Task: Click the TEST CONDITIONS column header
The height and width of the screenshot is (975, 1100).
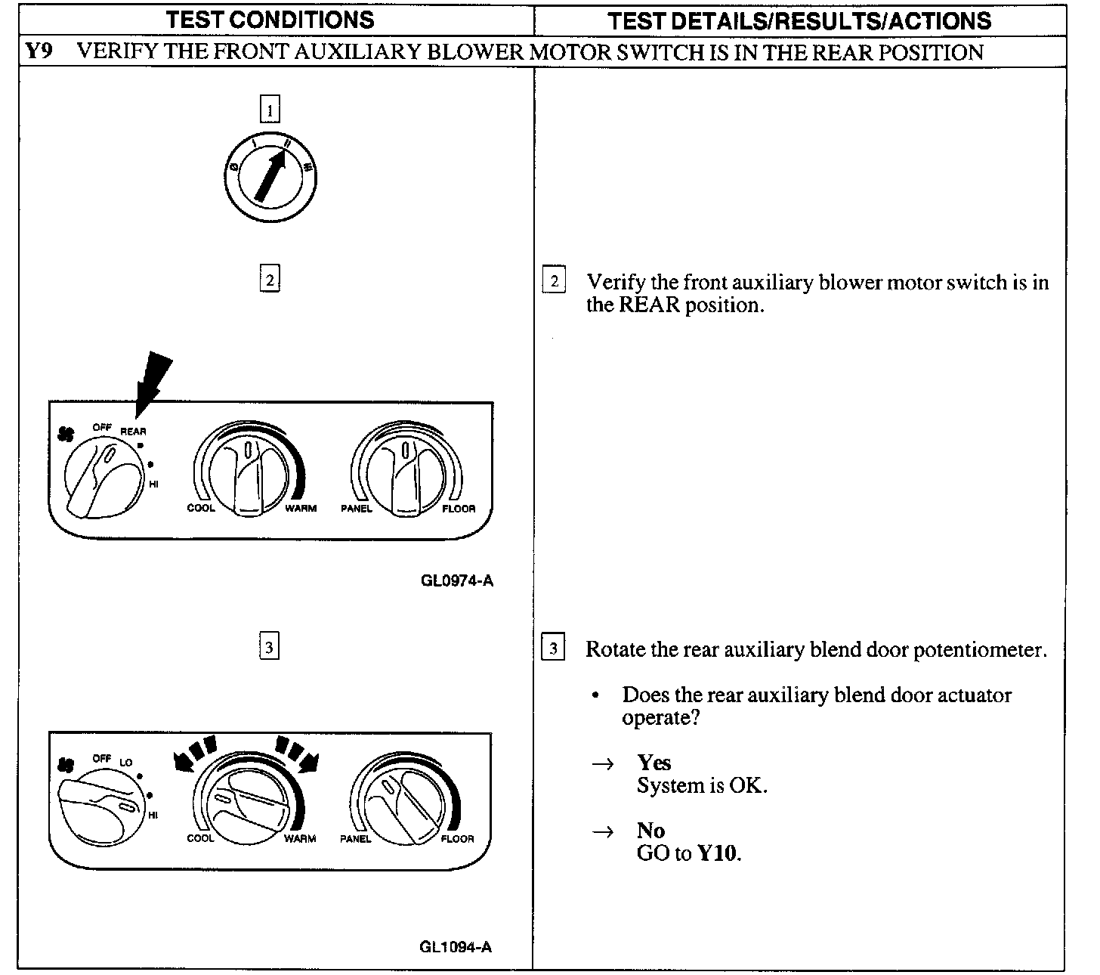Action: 270,20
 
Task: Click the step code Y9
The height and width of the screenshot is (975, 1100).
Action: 38,52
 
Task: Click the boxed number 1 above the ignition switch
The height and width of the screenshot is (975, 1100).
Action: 270,110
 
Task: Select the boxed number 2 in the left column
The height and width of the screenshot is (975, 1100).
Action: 270,279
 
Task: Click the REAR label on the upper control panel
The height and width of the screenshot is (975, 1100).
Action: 134,432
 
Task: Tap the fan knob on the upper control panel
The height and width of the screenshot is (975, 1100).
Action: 102,480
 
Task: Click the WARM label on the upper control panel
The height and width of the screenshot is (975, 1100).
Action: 300,509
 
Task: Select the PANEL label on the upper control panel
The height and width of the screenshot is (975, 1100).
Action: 356,509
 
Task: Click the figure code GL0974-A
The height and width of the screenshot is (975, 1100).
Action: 457,580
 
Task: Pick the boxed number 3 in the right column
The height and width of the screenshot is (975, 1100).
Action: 553,648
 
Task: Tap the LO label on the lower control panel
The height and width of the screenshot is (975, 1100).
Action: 125,763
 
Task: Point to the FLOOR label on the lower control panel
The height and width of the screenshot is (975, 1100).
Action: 457,839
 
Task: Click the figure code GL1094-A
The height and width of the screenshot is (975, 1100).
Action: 456,947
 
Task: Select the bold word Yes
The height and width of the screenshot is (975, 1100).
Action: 654,762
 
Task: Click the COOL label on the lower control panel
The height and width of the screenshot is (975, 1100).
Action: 200,839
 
